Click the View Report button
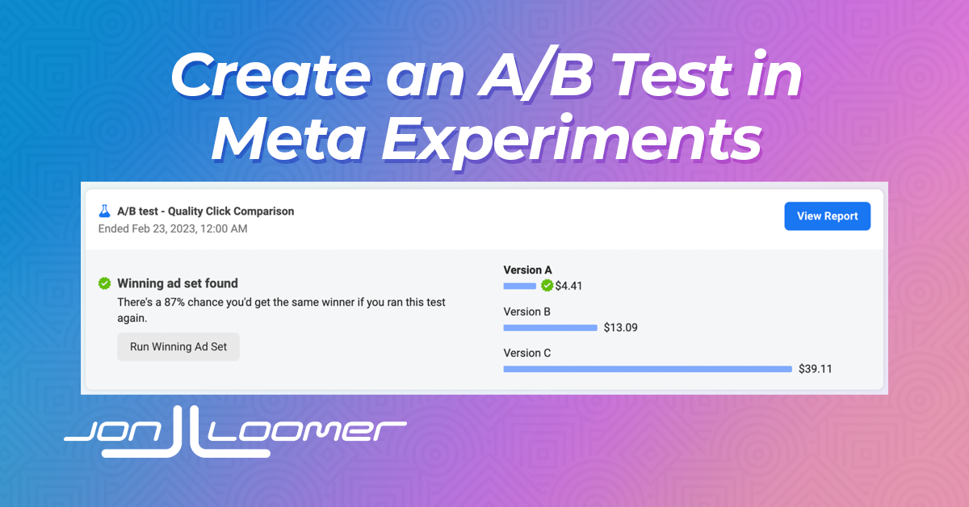pyautogui.click(x=827, y=216)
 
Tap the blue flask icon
pyautogui.click(x=104, y=211)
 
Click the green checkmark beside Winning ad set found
pyautogui.click(x=104, y=283)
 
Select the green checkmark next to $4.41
pyautogui.click(x=547, y=286)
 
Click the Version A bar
pyautogui.click(x=519, y=286)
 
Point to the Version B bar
pyautogui.click(x=550, y=328)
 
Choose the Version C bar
pyautogui.click(x=648, y=369)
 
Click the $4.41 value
pyautogui.click(x=568, y=286)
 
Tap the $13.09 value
pyautogui.click(x=621, y=328)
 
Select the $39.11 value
pyautogui.click(x=816, y=369)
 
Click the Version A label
pyautogui.click(x=528, y=270)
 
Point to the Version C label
pyautogui.click(x=527, y=353)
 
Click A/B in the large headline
pyautogui.click(x=535, y=74)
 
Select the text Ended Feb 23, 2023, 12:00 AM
pyautogui.click(x=173, y=228)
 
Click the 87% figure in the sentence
pyautogui.click(x=174, y=302)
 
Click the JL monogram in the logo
pyautogui.click(x=187, y=433)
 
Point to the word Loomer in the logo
pyautogui.click(x=306, y=432)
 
